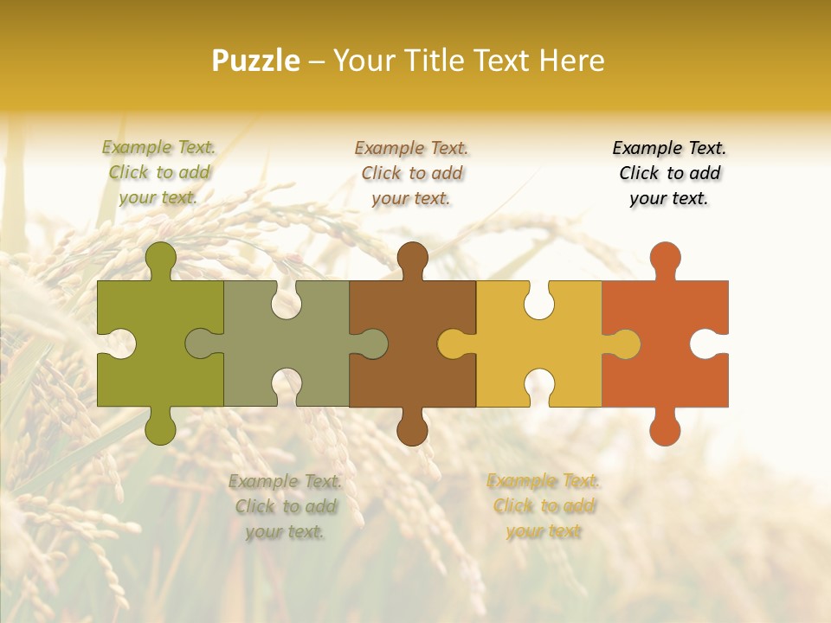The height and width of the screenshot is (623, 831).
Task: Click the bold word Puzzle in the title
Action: tap(256, 61)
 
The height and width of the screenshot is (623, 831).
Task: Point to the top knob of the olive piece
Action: tap(160, 258)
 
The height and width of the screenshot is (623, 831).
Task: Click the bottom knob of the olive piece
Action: tap(160, 428)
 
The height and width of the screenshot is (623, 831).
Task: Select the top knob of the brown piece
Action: tap(412, 258)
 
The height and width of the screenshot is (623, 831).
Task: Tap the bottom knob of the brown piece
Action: tap(412, 428)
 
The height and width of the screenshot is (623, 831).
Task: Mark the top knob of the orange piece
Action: tap(665, 258)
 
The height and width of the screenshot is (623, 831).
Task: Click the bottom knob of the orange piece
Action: tap(665, 428)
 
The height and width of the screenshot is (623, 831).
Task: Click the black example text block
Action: tap(669, 173)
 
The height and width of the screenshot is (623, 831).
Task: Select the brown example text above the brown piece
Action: tap(411, 173)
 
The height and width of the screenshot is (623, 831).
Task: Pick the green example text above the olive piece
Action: tap(158, 172)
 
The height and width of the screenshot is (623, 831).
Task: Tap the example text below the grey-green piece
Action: tap(285, 506)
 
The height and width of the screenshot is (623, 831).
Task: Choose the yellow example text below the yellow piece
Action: tap(543, 506)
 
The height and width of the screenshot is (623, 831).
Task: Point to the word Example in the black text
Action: tap(646, 148)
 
